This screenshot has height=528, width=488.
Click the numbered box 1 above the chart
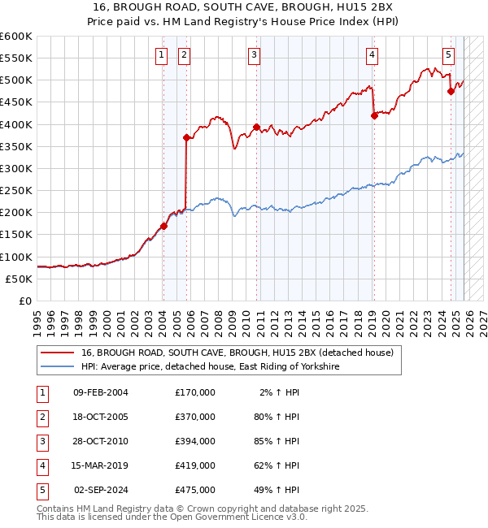point(162,55)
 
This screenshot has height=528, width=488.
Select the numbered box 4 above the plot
point(372,55)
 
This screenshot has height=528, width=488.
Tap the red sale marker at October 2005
point(186,138)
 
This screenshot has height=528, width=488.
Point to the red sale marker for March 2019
point(374,116)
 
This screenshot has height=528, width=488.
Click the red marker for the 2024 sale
point(451,92)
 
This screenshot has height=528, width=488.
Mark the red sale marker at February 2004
point(163,226)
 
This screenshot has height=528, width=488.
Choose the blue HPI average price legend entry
point(209,367)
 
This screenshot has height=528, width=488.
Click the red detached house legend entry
point(237,353)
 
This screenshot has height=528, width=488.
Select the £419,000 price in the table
point(195,465)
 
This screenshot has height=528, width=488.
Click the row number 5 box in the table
point(40,490)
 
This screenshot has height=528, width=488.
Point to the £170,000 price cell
point(195,392)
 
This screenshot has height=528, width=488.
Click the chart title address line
point(244,6)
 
